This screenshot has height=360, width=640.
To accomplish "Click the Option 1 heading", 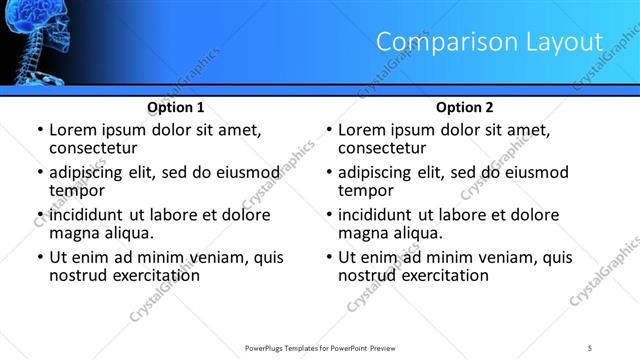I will coord(176,107).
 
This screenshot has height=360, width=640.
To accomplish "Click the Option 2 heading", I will coord(465,107).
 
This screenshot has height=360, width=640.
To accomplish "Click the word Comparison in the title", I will coord(436,42).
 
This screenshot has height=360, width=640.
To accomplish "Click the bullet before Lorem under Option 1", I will coord(39,130).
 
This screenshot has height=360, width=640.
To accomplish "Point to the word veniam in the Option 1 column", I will coord(204,257).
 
